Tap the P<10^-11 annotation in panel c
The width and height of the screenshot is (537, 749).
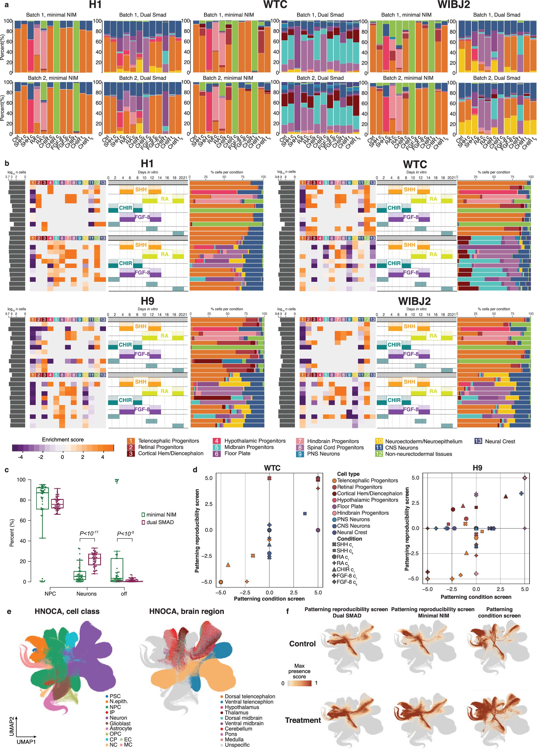(x=89, y=533)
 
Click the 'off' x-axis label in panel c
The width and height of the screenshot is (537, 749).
(x=124, y=593)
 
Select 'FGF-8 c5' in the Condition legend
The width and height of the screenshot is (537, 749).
(x=347, y=582)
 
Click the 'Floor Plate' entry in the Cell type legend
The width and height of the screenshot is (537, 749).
(x=350, y=506)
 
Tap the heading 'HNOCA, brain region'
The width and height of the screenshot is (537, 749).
(x=186, y=611)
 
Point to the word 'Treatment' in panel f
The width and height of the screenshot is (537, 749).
(x=303, y=720)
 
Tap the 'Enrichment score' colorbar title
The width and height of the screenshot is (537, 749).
(x=63, y=440)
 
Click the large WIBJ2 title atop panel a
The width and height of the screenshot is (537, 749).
(x=453, y=5)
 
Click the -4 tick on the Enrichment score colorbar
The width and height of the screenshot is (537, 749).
(x=20, y=457)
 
